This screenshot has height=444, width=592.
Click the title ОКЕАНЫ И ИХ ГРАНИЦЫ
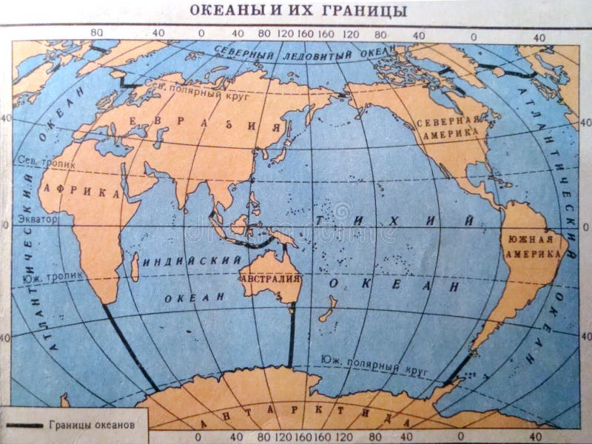pos(298,11)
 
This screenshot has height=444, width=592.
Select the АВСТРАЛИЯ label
pos(270,280)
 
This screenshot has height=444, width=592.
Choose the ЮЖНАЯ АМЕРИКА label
pos(531,246)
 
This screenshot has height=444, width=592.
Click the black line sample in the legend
pos(25,425)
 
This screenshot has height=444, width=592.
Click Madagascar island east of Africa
pos(135,266)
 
